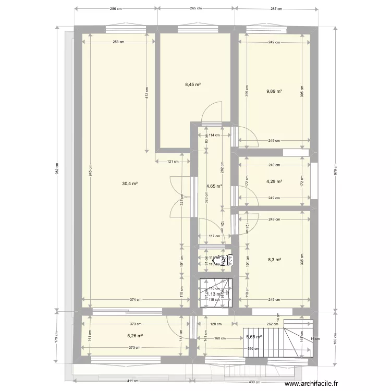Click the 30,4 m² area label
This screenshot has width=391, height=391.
(130, 184)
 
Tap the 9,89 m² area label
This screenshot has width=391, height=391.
(274, 91)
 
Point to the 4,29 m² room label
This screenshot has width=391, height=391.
(274, 181)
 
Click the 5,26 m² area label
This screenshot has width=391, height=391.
(135, 336)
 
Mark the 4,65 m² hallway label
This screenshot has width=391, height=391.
(214, 186)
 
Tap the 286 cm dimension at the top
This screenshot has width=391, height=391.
(116, 9)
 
